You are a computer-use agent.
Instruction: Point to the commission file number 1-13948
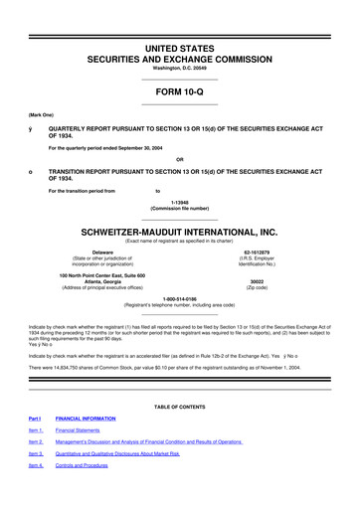[x=180, y=200]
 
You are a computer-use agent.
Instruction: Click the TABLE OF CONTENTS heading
[x=180, y=408]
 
